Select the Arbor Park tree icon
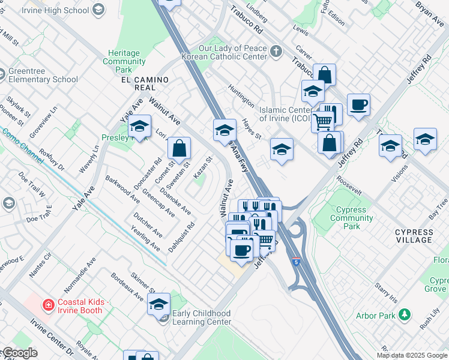(406, 314)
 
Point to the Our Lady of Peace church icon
(276, 51)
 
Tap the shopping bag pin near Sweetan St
(179, 147)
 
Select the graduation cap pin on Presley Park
(139, 126)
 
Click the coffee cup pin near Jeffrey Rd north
(358, 104)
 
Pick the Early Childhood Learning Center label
(201, 317)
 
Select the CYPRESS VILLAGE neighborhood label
(414, 236)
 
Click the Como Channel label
(16, 142)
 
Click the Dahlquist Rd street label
(181, 237)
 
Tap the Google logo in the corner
(19, 353)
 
